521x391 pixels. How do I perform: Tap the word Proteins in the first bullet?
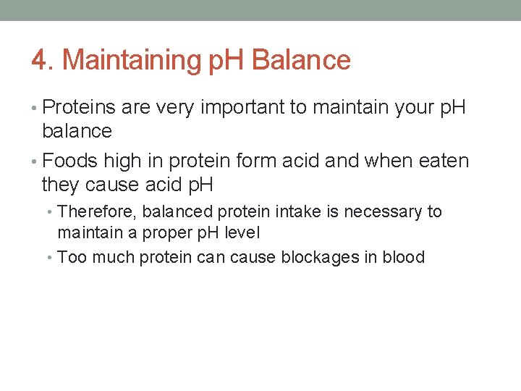click(80, 108)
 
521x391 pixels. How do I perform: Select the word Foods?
click(69, 161)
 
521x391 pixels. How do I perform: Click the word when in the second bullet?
click(378, 161)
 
